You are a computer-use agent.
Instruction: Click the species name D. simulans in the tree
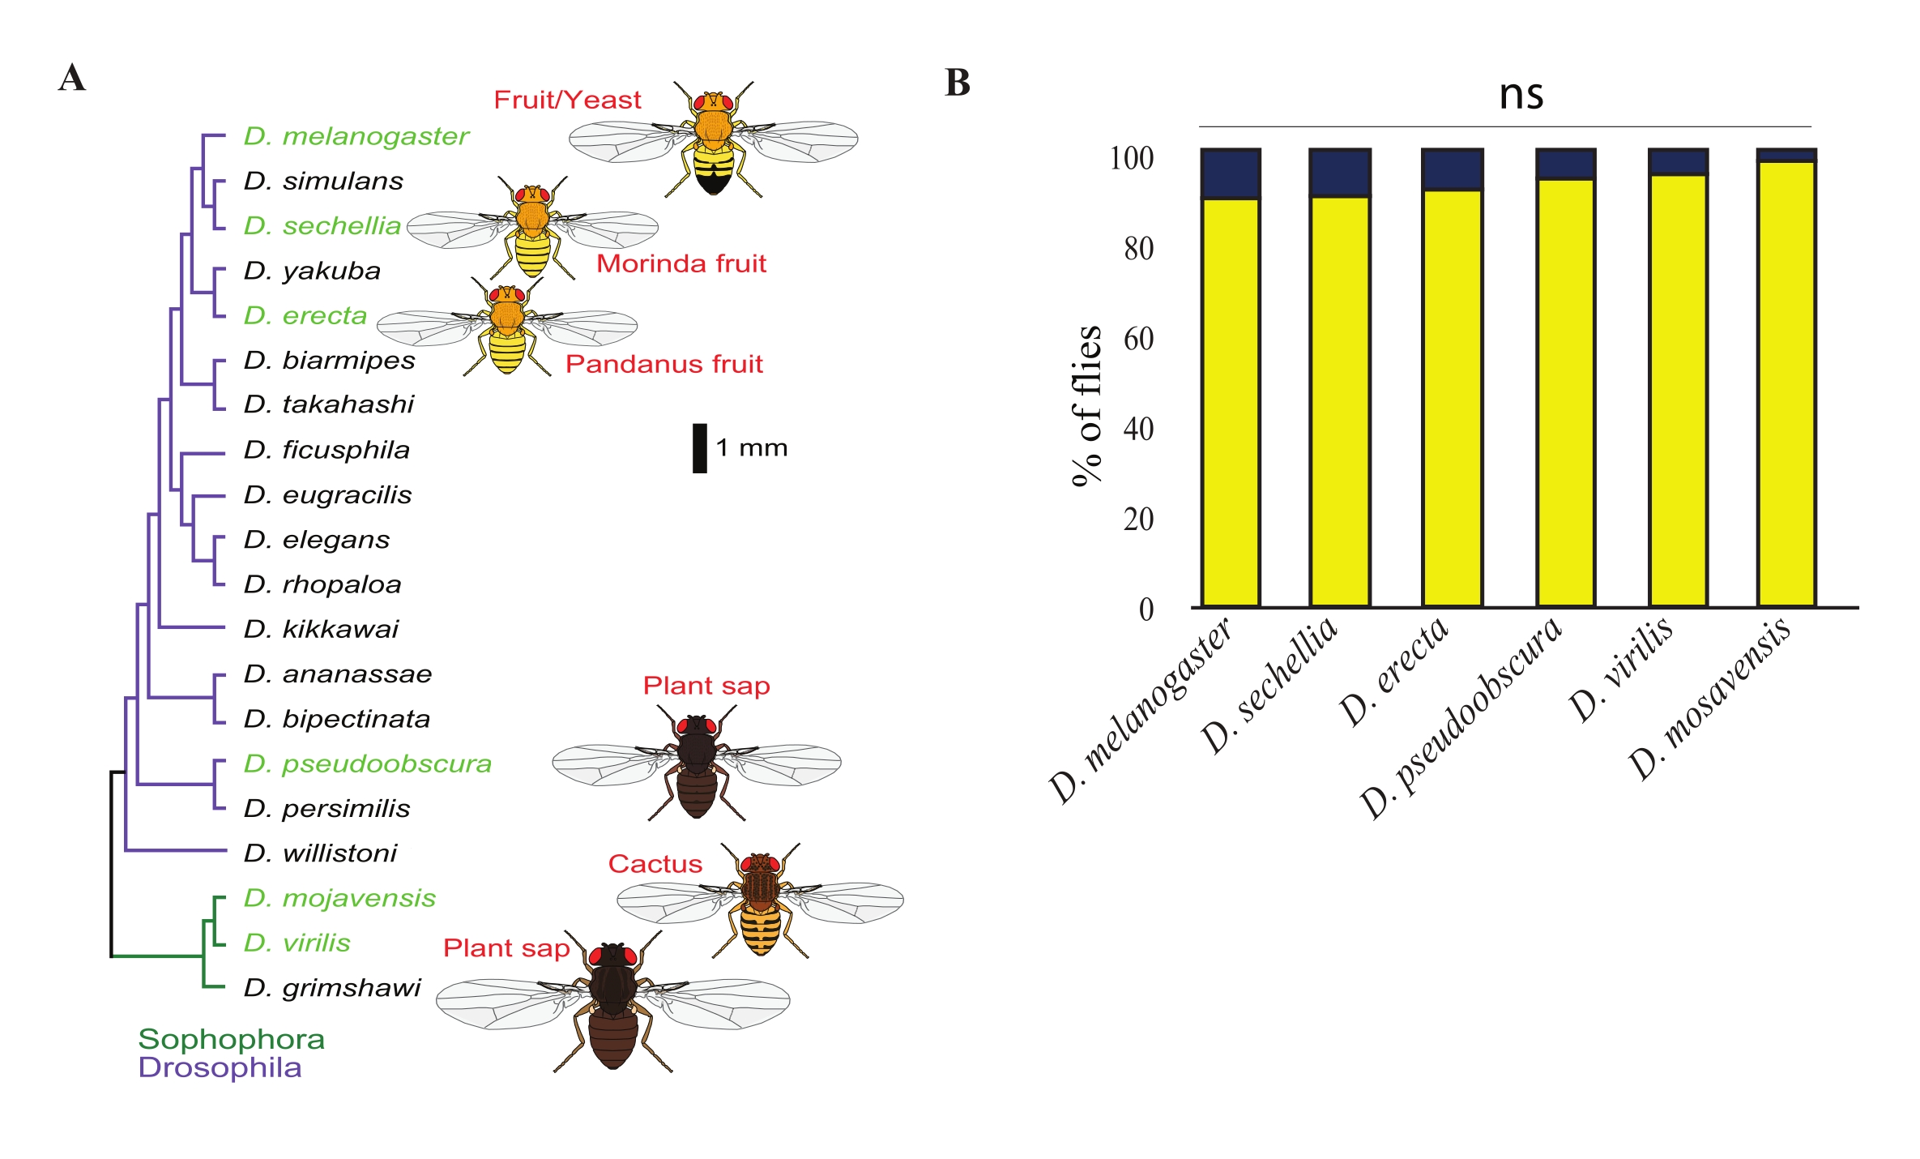click(x=323, y=181)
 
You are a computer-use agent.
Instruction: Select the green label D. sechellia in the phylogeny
click(x=322, y=225)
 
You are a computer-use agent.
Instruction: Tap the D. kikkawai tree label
click(x=321, y=629)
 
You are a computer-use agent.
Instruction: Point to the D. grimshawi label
click(x=332, y=988)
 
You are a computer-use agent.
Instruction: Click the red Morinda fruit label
click(x=681, y=263)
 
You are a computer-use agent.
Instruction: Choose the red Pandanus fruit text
click(x=663, y=364)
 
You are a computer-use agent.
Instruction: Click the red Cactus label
click(x=655, y=864)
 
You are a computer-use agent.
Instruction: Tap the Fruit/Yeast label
click(x=567, y=100)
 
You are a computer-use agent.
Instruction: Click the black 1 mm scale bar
click(x=699, y=447)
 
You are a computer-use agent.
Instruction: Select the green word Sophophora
click(x=231, y=1039)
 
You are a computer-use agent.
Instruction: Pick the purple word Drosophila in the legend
click(x=220, y=1067)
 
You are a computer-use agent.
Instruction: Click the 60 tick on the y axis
click(x=1138, y=339)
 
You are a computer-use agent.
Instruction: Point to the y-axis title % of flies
click(x=1086, y=405)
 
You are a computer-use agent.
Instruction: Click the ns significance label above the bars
click(x=1521, y=94)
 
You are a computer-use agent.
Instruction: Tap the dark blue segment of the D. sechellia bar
click(x=1339, y=173)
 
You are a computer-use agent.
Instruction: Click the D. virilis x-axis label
click(x=1620, y=669)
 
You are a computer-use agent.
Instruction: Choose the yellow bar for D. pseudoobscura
click(x=1565, y=393)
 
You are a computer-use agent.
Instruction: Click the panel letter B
click(x=958, y=83)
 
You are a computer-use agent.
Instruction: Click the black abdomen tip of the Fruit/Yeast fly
click(x=713, y=185)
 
